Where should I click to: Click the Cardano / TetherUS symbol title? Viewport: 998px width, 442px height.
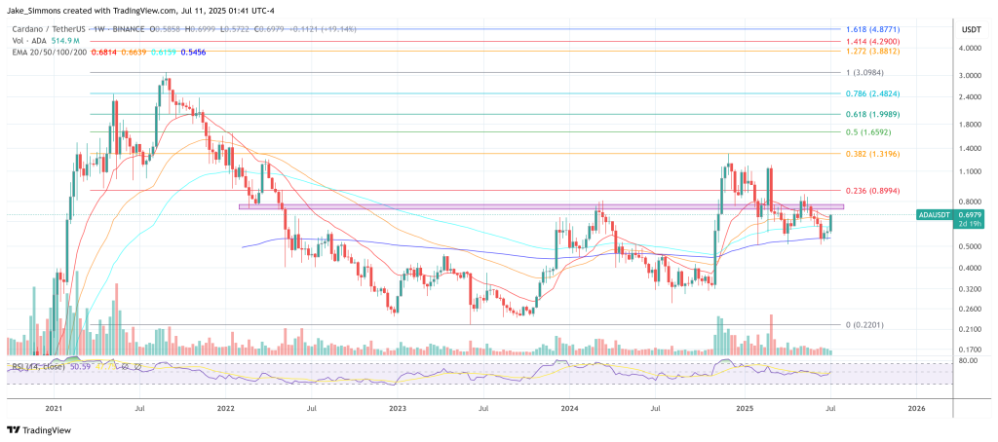(49, 30)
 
